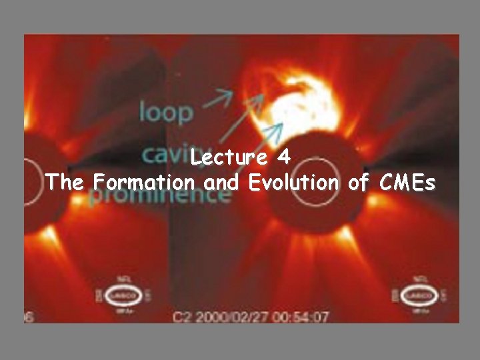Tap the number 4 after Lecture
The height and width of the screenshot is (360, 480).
point(283,159)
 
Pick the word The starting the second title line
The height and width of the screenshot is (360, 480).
point(65,182)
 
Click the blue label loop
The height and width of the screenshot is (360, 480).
point(166,111)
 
